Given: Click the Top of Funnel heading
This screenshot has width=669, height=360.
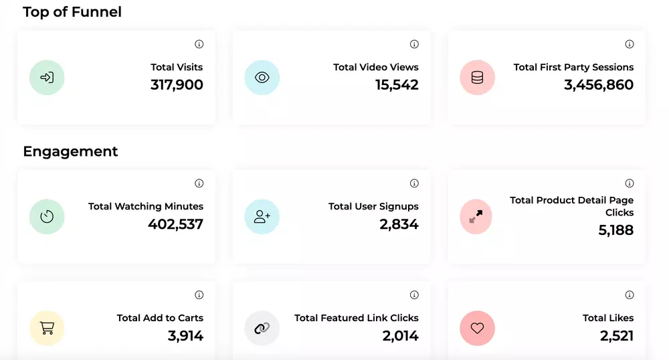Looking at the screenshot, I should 72,12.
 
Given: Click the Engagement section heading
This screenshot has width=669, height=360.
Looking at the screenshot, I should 70,151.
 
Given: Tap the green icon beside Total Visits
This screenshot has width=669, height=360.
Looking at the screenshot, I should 47,78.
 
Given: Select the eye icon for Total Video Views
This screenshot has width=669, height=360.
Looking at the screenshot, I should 262,78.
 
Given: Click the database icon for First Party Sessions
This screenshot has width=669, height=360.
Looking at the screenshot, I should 477,78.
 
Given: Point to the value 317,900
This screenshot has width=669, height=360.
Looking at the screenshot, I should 177,85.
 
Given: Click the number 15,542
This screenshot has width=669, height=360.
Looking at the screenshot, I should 397,85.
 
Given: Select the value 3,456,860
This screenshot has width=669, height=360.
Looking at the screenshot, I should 599,85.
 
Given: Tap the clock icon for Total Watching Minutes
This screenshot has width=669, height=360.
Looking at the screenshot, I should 47,217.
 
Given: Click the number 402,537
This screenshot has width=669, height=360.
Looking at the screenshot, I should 175,224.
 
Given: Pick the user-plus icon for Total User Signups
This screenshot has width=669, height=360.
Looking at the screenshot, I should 262,217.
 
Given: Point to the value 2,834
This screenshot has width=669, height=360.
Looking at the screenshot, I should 399,224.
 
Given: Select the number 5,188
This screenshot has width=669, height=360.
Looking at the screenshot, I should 615,230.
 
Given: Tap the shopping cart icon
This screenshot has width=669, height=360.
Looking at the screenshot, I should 47,329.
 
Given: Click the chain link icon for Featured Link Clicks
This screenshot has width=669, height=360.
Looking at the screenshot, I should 262,329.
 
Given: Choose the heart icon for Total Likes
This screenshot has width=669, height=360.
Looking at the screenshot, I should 477,329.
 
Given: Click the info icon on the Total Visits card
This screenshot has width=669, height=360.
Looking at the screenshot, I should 199,44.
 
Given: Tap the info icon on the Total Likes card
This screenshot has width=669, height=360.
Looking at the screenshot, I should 630,295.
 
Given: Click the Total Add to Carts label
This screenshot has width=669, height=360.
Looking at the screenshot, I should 160,318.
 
